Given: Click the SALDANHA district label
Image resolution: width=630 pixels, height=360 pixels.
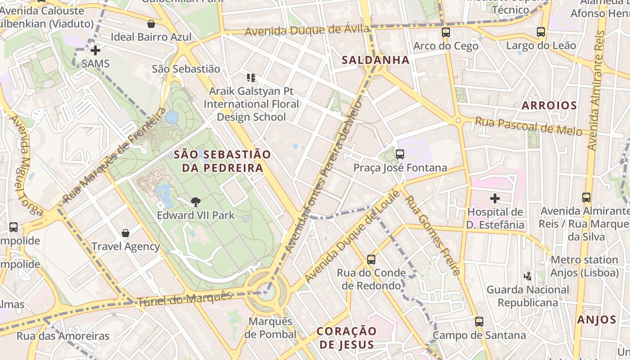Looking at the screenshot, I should coord(375,60).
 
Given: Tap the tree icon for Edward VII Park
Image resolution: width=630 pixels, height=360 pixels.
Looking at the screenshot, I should coord(195,202).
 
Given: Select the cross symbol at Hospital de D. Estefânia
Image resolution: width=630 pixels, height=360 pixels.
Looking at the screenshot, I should coord(495,198).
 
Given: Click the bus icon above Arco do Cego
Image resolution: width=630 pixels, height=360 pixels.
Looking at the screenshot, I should coord(445,32).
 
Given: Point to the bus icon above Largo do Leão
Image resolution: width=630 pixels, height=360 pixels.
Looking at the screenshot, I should coord(541,32).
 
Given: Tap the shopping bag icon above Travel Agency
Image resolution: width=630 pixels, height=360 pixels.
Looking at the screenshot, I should coord(126,233).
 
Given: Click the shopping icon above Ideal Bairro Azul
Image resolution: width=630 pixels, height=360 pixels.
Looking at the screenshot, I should coord(151,24).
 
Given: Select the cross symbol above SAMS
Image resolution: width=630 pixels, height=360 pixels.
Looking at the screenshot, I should coord(95,50).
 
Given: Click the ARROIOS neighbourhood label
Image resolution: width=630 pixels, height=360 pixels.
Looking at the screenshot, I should coord(549,106).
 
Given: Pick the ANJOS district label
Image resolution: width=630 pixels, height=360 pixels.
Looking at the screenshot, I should coord(596,320).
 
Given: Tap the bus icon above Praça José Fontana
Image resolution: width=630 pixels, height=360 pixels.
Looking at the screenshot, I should coord(400,154).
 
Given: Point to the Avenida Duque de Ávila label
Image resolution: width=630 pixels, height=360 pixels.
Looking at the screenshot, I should coord(306,31).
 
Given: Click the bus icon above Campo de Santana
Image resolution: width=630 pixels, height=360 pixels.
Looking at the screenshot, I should coord(479,322).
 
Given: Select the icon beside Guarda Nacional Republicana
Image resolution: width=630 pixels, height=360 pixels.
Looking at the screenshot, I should coord(528,275).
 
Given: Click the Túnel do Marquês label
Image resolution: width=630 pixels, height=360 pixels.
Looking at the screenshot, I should coord(184,299).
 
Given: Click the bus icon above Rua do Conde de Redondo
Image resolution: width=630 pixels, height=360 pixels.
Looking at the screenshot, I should coord(371,259).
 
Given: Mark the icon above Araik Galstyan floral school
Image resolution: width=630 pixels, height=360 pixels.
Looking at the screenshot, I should coord(251,78).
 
